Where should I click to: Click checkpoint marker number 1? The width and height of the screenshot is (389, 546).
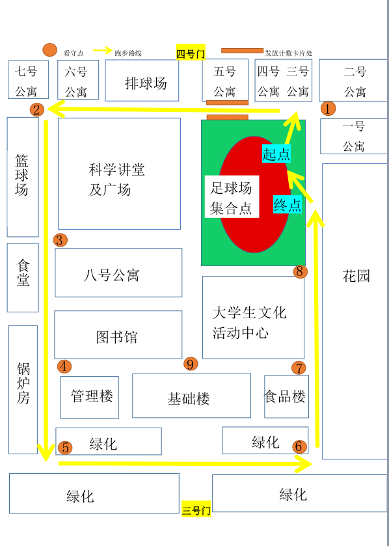pyautogui.click(x=328, y=108)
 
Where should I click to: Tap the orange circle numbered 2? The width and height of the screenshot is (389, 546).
pyautogui.click(x=37, y=110)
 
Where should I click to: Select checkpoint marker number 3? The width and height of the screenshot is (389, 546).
pyautogui.click(x=60, y=240)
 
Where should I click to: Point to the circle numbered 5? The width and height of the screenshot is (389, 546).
pyautogui.click(x=66, y=448)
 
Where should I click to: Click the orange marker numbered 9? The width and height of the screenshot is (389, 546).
pyautogui.click(x=191, y=364)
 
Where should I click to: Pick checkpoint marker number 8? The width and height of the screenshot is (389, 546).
pyautogui.click(x=300, y=271)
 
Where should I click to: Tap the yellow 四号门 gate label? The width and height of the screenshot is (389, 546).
pyautogui.click(x=191, y=53)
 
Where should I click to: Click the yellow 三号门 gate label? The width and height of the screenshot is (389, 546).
pyautogui.click(x=196, y=510)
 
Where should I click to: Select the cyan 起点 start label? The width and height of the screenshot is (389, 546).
pyautogui.click(x=276, y=154)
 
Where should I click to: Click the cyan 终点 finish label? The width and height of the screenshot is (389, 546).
pyautogui.click(x=287, y=205)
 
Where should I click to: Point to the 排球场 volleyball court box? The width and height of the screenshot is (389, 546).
pyautogui.click(x=142, y=81)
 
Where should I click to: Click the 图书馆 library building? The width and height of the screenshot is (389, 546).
pyautogui.click(x=118, y=334)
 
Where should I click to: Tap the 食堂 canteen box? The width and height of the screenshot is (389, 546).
pyautogui.click(x=23, y=277)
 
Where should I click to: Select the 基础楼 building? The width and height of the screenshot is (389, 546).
pyautogui.click(x=191, y=396)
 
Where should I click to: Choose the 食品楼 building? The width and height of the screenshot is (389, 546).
pyautogui.click(x=286, y=396)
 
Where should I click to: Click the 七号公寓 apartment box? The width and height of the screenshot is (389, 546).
pyautogui.click(x=28, y=80)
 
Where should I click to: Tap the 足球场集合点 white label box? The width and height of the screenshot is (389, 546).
pyautogui.click(x=232, y=197)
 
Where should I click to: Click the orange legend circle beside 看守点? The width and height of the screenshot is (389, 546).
pyautogui.click(x=49, y=50)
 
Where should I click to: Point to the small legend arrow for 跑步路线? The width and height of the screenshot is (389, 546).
pyautogui.click(x=103, y=51)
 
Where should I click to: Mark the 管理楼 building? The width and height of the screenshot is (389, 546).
pyautogui.click(x=89, y=398)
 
